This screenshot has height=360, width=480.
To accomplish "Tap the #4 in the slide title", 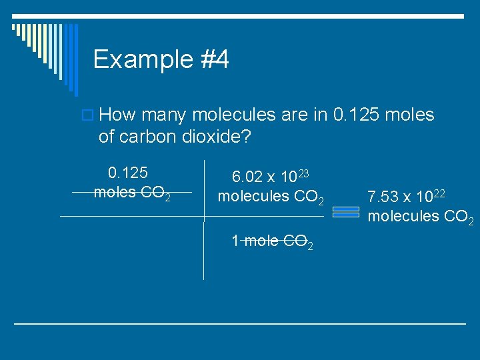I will point(213,60).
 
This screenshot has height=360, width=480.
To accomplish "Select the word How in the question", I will point(121,115).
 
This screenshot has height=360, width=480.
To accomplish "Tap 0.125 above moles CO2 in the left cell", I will point(128,173).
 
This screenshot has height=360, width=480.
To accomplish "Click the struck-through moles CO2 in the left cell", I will point(132,193).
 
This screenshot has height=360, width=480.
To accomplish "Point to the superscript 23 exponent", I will point(303,173).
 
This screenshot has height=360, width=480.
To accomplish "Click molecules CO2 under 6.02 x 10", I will point(271,197).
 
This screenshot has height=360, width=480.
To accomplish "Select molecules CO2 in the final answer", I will point(421,217).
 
